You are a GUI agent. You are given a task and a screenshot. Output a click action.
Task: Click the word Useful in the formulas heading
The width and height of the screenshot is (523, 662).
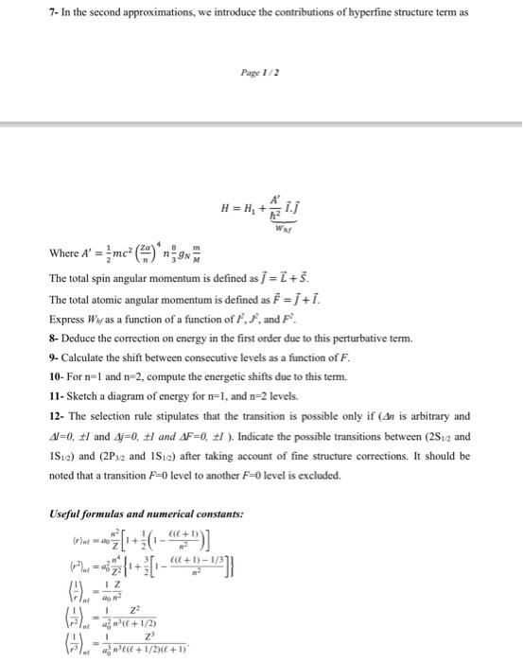point(64,514)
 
